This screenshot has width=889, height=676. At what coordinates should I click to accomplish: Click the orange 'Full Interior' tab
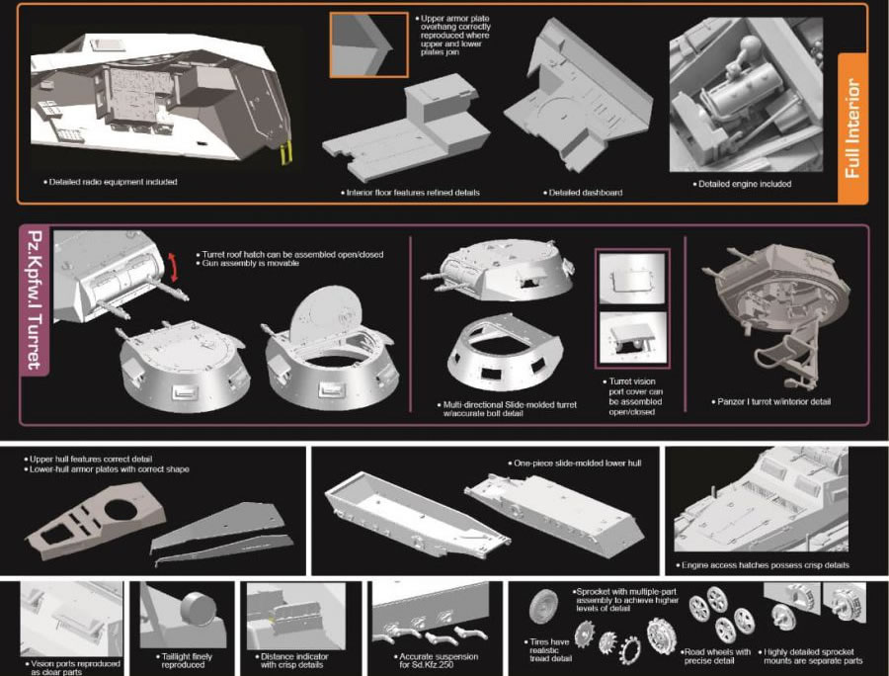click(x=852, y=128)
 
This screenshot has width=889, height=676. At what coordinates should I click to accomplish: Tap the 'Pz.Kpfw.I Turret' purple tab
click(x=35, y=300)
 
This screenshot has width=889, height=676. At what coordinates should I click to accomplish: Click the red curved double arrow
click(x=173, y=268)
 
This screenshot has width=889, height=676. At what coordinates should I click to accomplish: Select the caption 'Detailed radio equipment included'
click(x=111, y=182)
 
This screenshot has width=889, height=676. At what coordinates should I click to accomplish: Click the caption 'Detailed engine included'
click(x=742, y=184)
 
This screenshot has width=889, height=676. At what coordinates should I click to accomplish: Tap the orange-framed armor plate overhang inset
click(x=368, y=44)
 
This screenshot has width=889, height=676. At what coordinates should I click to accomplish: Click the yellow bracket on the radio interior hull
click(x=286, y=152)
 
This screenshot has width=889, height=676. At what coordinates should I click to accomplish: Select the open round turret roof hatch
click(x=325, y=314)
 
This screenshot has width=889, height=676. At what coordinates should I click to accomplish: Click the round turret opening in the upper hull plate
click(x=121, y=509)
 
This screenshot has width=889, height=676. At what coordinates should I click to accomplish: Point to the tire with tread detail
click(x=543, y=608)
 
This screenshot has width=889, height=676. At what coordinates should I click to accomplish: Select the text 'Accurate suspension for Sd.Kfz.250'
click(x=436, y=661)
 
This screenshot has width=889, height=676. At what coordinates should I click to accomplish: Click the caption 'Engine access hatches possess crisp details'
click(x=763, y=565)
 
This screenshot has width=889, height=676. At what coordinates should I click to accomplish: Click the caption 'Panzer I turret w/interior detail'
click(x=771, y=401)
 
